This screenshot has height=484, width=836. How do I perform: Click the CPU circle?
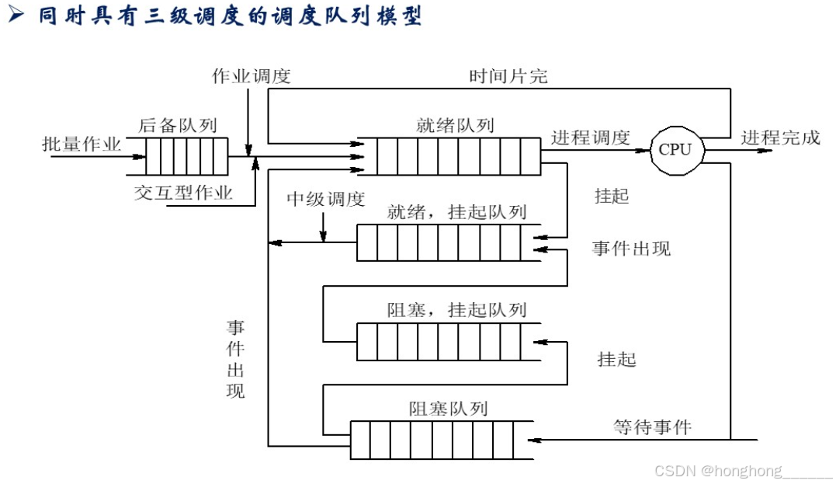point(675,149)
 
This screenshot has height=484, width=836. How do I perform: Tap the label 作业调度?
point(251,76)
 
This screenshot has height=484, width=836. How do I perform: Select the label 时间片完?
point(508,76)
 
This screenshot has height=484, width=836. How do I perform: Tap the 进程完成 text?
point(779,138)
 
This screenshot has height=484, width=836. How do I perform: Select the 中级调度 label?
point(325,199)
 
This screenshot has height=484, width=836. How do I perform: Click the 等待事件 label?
point(652,426)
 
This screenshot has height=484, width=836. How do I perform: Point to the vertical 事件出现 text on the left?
point(235,359)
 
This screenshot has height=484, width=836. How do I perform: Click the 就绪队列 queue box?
point(449,156)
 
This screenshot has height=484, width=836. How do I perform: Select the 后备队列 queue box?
point(186,156)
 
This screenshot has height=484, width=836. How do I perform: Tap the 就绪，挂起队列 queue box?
point(448,242)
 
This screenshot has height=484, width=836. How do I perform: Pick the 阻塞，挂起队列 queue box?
point(448,342)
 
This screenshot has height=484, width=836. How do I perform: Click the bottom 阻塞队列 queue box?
point(441,439)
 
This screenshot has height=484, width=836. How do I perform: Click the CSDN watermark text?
point(742,471)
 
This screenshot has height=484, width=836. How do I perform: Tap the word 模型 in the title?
point(401,17)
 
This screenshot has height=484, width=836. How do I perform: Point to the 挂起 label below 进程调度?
point(611,196)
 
